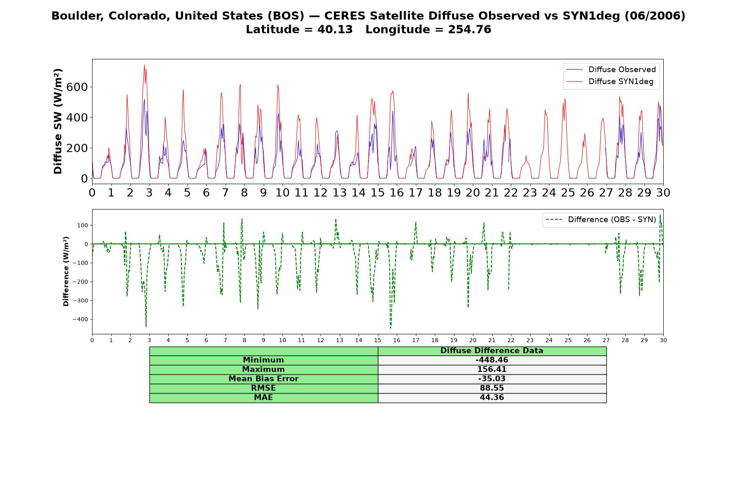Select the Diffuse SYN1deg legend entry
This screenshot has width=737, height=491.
[610, 81]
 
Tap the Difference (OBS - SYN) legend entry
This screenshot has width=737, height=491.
[601, 220]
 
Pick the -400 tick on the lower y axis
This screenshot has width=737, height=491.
[80, 320]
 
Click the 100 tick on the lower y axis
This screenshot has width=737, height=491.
[83, 225]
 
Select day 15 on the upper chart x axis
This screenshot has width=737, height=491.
[378, 192]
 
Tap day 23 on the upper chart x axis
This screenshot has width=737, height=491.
[530, 192]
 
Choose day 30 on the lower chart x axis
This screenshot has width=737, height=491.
[663, 340]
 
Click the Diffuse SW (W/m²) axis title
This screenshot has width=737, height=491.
[58, 122]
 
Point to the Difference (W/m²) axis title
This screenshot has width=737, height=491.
[66, 271]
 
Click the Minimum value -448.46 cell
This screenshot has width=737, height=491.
[492, 360]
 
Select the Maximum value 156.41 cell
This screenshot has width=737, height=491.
[492, 369]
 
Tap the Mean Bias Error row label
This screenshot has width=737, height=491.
[263, 379]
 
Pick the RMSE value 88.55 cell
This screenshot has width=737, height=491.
[492, 388]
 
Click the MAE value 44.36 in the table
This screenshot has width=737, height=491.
[492, 398]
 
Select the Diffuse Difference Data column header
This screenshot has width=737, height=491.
[492, 351]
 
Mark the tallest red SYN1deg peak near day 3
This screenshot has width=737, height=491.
[144, 65]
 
